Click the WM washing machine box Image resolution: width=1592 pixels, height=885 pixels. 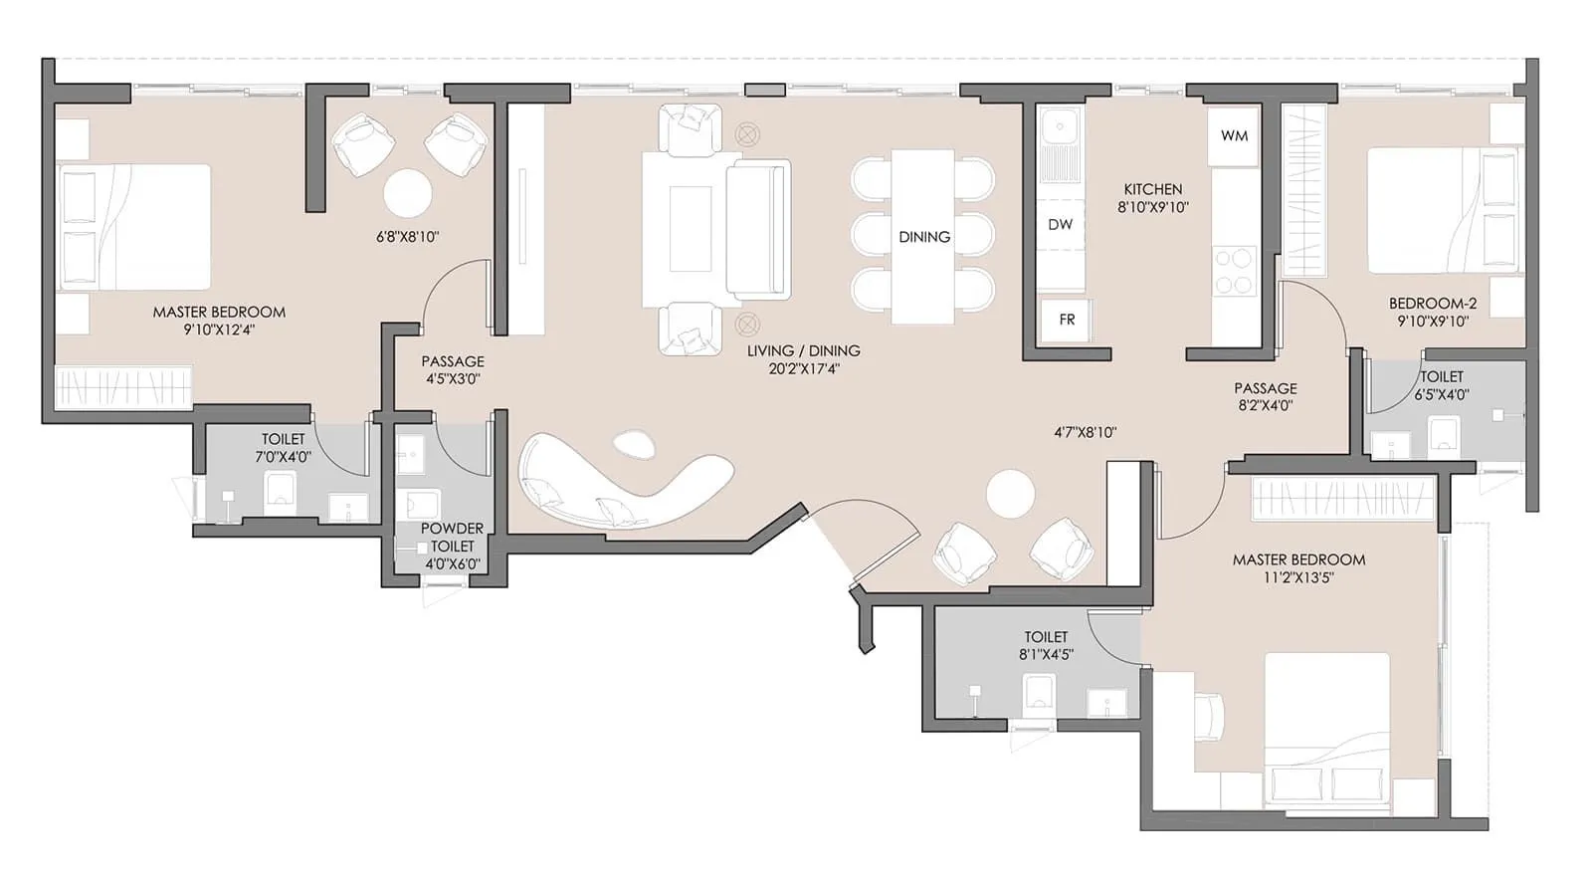[x=1234, y=136]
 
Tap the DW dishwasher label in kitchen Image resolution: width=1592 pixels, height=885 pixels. [x=1060, y=224]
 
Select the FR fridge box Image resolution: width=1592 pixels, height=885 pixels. [x=1067, y=320]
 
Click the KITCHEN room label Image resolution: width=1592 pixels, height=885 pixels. [x=1153, y=189]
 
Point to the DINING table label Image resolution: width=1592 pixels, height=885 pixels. [x=924, y=237]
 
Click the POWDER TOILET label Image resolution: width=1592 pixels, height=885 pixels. [x=452, y=538]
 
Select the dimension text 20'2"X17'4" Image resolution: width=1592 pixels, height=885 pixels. [x=803, y=369]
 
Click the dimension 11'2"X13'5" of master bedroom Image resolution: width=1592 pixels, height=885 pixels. [x=1298, y=577]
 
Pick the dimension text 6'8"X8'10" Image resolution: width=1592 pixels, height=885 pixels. [x=407, y=237]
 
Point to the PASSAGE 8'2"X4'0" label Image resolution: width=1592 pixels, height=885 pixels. [x=1265, y=396]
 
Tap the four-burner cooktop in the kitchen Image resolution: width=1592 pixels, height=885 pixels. [x=1234, y=271]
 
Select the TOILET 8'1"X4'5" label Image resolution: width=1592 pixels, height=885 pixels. [x=1046, y=645]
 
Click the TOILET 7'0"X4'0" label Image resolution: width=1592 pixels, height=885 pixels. [x=284, y=448]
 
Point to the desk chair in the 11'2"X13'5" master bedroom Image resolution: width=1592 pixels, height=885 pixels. [x=1207, y=717]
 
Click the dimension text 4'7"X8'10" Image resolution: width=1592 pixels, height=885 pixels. [x=1086, y=432]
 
